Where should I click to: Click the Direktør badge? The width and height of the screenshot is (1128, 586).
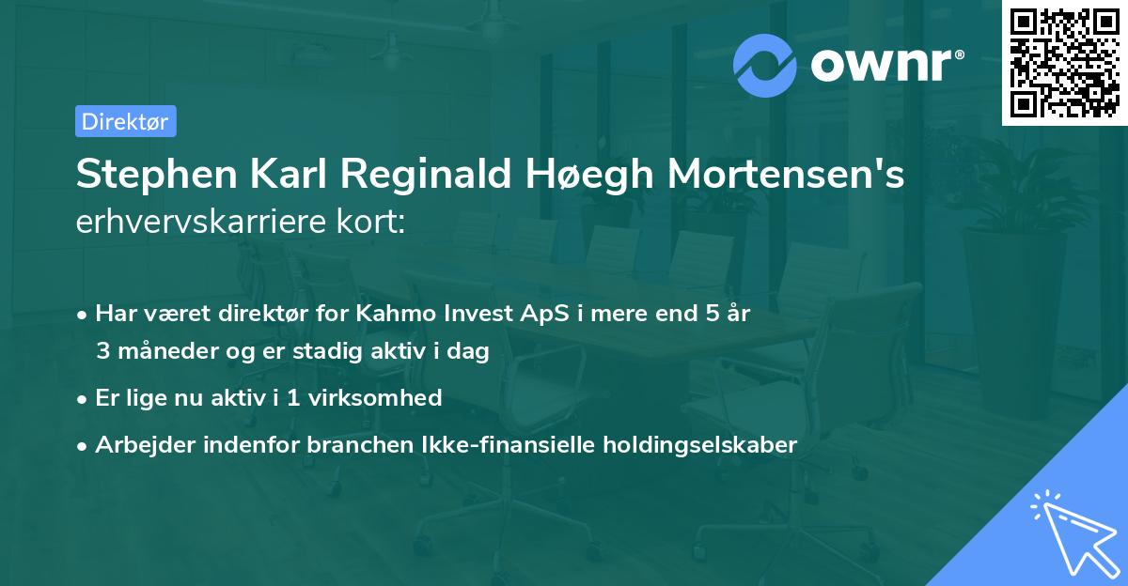125,121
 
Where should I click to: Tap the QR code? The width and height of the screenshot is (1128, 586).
1063,63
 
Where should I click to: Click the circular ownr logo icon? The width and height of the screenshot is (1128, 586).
765,65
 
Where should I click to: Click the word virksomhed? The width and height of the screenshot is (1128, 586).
385,398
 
